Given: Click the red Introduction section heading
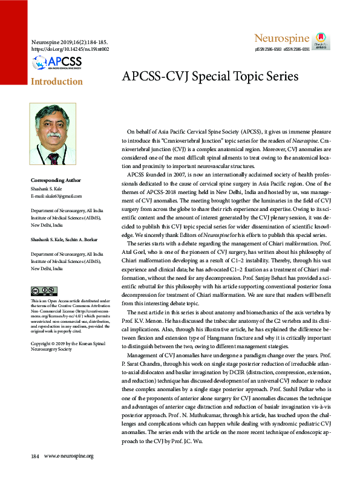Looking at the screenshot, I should click(57, 81).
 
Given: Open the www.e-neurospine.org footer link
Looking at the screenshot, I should click(69, 472).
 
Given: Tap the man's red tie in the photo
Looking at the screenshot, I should click(54, 158).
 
